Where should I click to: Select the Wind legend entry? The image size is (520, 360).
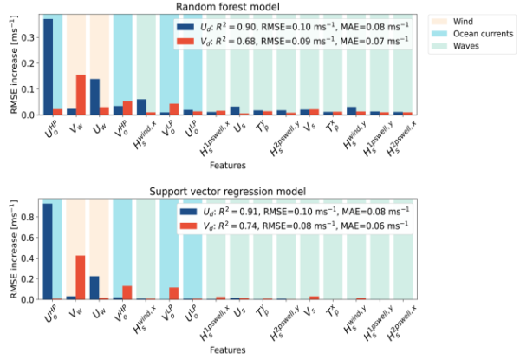[465, 18]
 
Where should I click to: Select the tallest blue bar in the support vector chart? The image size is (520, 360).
[49, 252]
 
